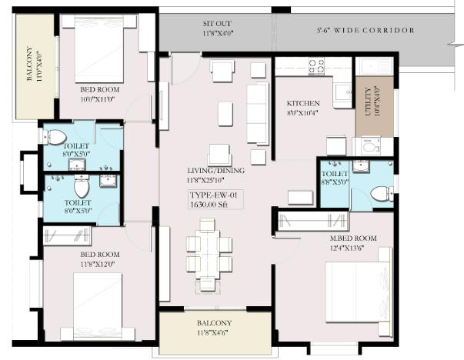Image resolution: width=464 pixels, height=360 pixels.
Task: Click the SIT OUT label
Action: click(217, 24)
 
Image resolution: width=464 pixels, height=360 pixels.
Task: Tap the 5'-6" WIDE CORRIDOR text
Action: click(366, 30)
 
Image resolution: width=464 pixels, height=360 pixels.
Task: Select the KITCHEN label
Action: click(303, 104)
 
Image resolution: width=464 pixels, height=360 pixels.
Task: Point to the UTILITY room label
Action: click(368, 102)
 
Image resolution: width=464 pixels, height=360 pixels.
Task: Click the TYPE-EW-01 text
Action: click(213, 195)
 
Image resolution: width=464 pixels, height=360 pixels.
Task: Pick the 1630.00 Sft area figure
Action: click(209, 205)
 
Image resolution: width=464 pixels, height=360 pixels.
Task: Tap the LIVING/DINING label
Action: click(216, 171)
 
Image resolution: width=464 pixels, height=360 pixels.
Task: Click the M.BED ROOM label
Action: click(353, 238)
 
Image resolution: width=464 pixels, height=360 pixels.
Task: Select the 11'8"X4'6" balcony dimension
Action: click(212, 332)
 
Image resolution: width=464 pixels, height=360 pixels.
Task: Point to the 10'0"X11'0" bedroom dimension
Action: click(98, 99)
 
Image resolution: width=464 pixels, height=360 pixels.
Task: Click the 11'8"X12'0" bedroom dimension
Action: click(98, 264)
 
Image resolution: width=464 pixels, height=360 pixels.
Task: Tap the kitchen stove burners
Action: click(316, 66)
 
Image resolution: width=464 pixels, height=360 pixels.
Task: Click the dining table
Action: click(207, 255)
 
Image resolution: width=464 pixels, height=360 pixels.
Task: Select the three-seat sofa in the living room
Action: click(258, 114)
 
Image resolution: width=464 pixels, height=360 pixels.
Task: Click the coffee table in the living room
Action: click(225, 114)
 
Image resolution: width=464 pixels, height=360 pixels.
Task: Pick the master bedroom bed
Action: click(359, 292)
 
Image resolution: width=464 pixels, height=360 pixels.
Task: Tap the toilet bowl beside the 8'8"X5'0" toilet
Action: click(382, 193)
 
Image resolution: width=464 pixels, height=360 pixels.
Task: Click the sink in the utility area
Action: click(374, 66)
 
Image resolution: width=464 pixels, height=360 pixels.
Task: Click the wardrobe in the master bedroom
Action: click(313, 222)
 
